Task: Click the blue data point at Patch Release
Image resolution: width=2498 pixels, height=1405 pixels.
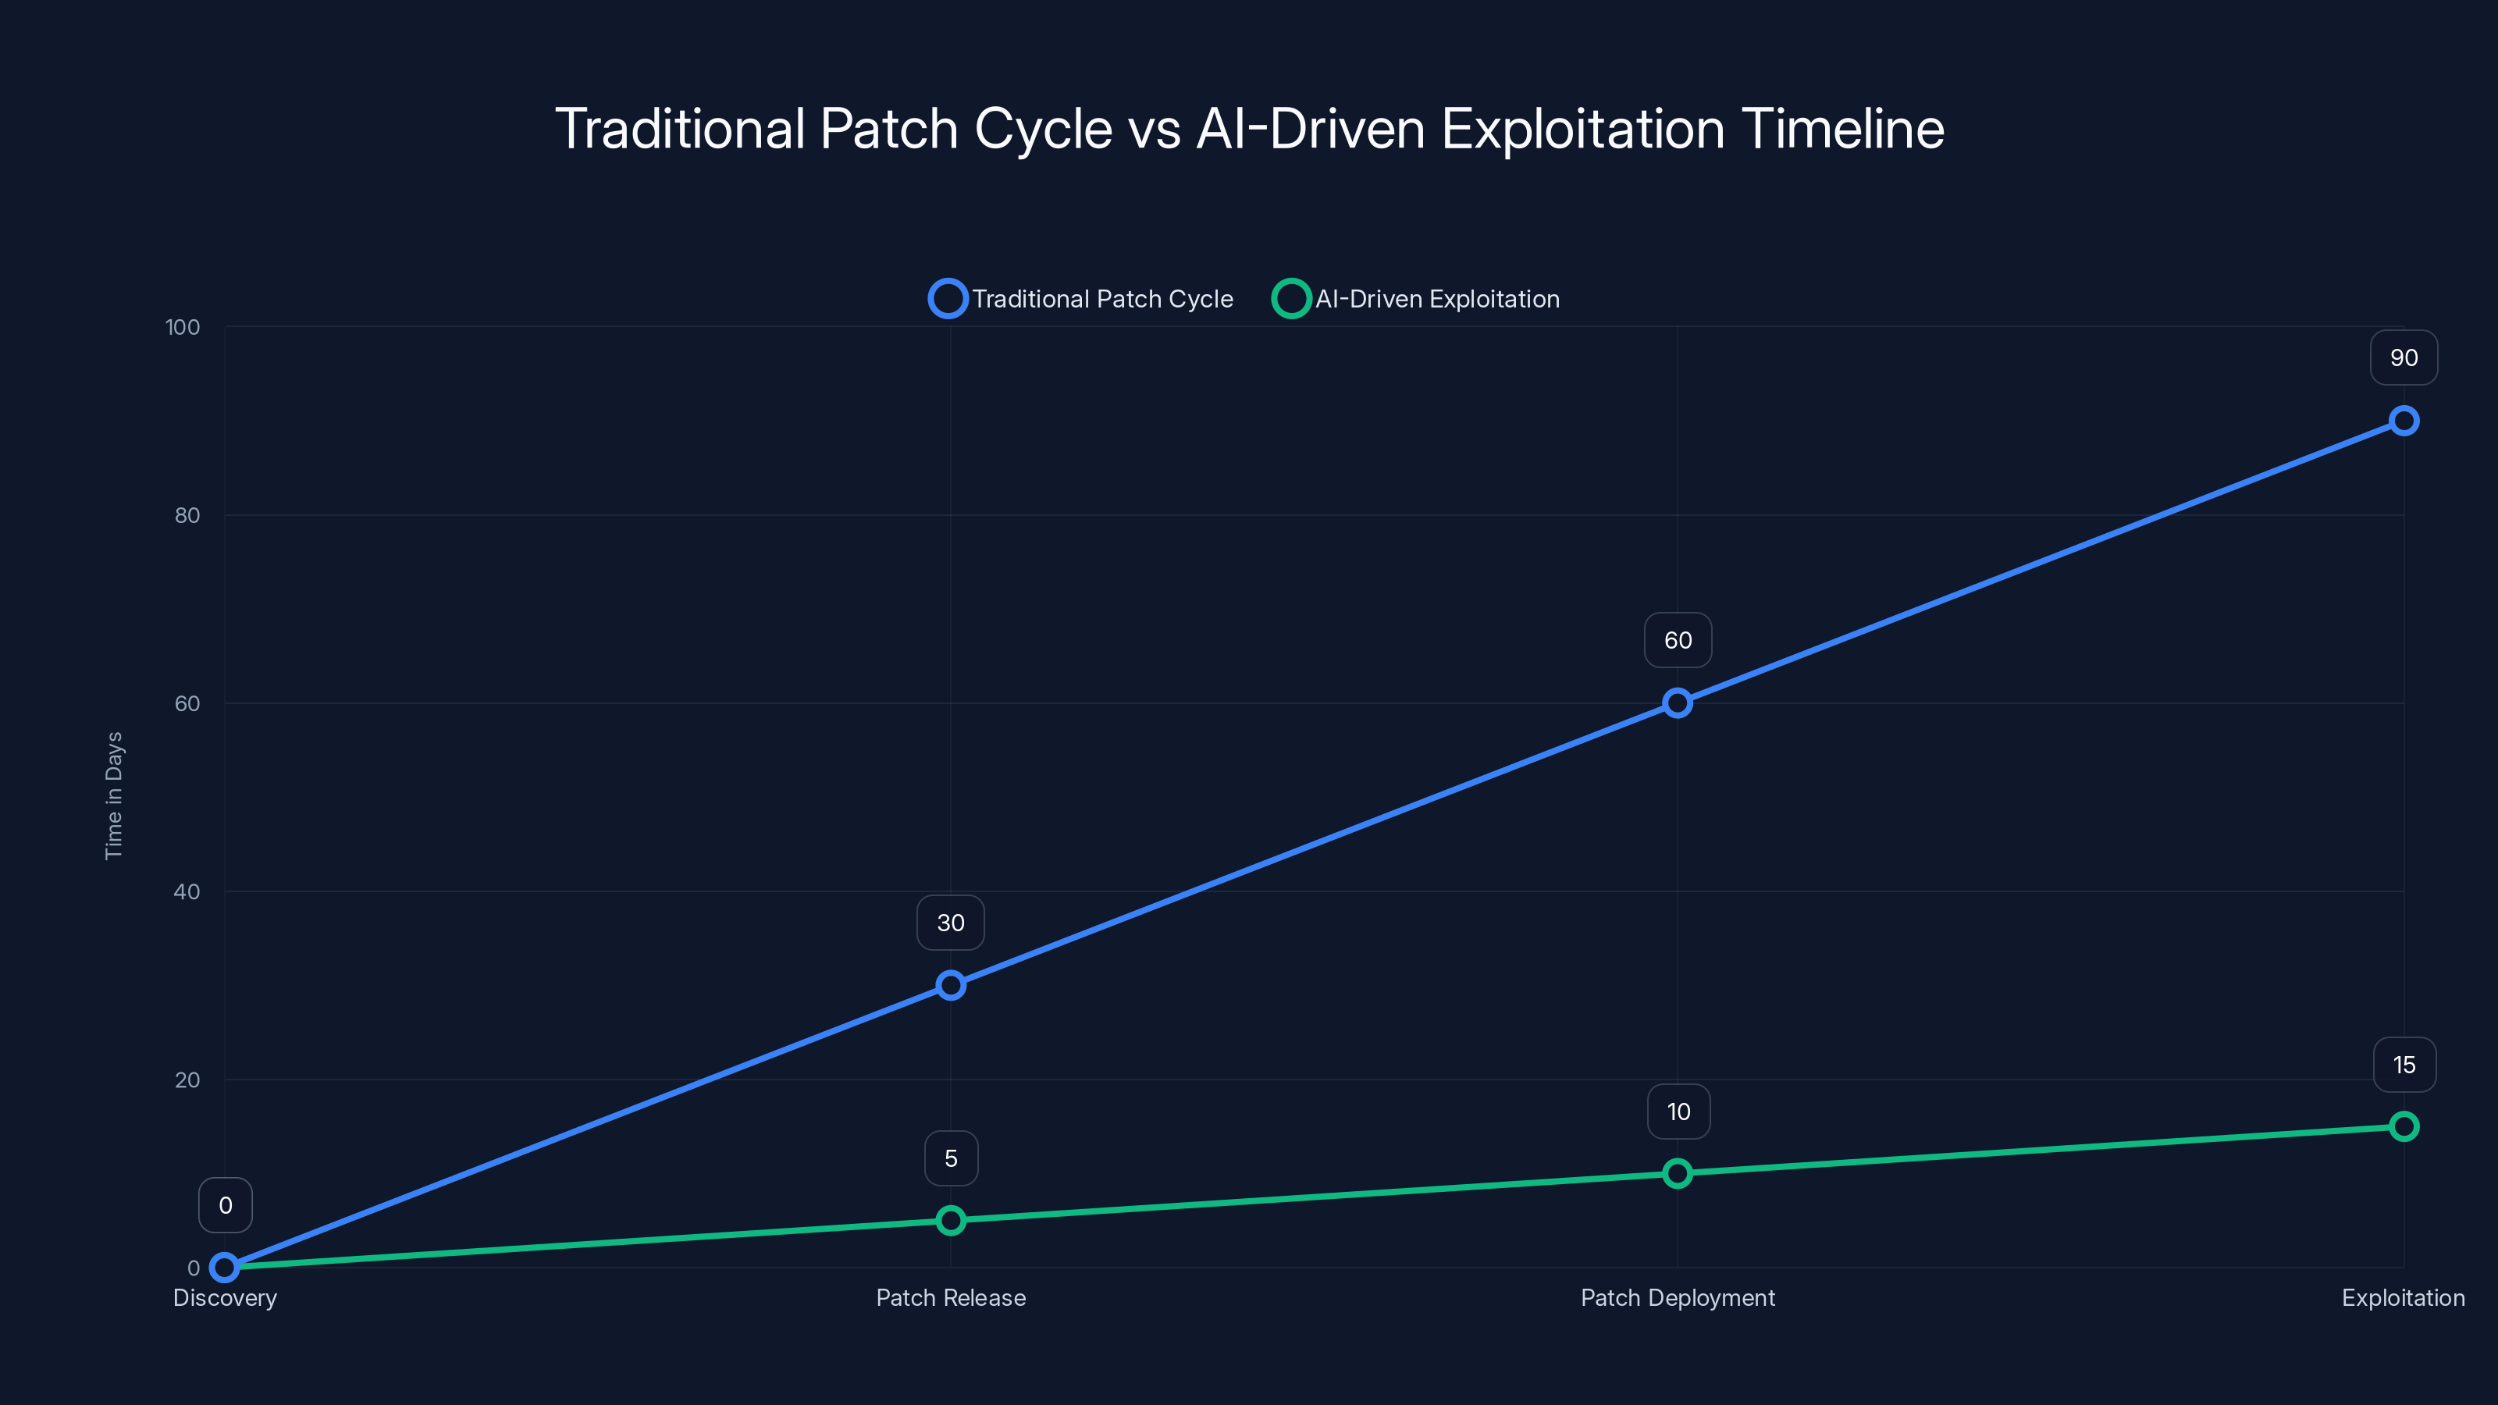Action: [x=950, y=985]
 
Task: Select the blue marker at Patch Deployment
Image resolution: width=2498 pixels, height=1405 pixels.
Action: [x=1678, y=703]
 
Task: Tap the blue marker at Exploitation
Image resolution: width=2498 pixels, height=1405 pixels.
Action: [x=2403, y=421]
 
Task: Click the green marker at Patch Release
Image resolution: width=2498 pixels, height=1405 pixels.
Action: [x=950, y=1221]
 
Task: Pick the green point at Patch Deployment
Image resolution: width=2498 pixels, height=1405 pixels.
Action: [x=1678, y=1173]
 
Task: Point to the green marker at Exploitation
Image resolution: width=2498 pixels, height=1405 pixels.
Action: [x=2403, y=1126]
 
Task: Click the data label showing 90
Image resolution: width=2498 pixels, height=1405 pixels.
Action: [x=2403, y=357]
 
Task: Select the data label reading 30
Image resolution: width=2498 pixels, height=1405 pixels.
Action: [x=950, y=923]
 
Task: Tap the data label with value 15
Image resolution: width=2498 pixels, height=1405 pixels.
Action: [x=2403, y=1065]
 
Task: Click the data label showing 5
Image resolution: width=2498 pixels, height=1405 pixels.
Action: [x=950, y=1158]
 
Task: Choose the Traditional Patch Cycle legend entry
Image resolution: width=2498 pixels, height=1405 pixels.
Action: [x=1082, y=299]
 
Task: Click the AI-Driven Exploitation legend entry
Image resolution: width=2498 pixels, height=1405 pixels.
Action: [x=1417, y=299]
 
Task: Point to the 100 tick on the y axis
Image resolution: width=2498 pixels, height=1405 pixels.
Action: [x=183, y=327]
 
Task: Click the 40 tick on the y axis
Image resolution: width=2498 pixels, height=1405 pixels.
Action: [x=187, y=892]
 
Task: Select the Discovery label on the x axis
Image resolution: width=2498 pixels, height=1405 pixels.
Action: [x=225, y=1298]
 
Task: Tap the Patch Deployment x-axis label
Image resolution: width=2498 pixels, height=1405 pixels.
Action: [x=1678, y=1298]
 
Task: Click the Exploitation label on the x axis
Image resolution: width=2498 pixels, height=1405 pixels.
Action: [x=2402, y=1298]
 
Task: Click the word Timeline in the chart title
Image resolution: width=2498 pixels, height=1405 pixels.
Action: [x=1842, y=129]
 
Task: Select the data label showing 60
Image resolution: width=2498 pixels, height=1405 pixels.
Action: [x=1678, y=640]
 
